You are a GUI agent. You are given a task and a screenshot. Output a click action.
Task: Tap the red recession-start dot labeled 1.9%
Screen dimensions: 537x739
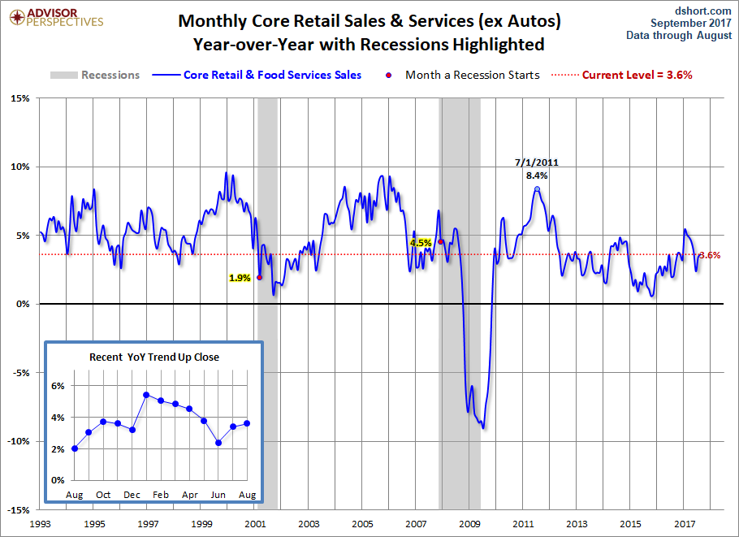[x=259, y=277]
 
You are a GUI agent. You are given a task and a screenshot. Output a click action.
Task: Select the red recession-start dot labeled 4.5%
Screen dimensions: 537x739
[x=441, y=241]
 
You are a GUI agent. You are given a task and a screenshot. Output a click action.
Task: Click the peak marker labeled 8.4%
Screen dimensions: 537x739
[x=537, y=189]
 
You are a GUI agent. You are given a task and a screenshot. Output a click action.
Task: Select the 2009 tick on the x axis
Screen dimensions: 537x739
[x=469, y=523]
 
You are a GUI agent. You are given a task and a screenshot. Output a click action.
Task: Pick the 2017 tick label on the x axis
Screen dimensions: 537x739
[x=685, y=523]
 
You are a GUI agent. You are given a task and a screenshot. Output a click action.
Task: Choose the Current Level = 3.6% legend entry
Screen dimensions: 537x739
[x=637, y=75]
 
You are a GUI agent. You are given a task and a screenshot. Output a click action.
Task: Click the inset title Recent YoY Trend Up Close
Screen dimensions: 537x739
[x=153, y=357]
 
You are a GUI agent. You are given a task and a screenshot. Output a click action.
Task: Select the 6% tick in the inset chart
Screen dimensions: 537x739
[x=58, y=386]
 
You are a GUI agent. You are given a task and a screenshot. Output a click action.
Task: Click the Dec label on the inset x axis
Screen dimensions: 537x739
[x=132, y=494]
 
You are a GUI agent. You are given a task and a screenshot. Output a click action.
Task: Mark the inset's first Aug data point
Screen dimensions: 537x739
[x=75, y=448]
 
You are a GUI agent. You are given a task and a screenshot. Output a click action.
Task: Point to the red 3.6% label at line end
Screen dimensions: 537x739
[x=710, y=255]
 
